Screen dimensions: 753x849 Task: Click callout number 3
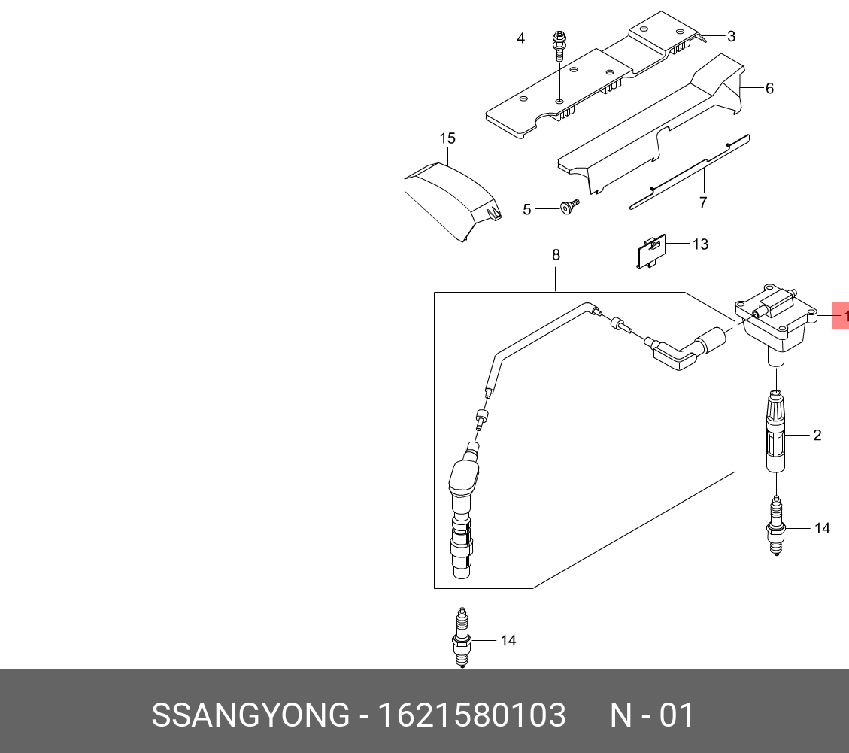coord(731,36)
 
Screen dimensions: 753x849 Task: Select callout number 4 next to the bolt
coord(520,38)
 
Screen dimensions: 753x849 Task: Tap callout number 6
coord(769,89)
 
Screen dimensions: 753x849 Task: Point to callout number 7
coord(703,202)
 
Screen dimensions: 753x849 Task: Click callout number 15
coord(447,138)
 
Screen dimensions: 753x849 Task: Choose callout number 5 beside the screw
coord(526,209)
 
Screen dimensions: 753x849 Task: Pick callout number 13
coord(700,244)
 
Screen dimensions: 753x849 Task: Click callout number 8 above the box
coord(556,255)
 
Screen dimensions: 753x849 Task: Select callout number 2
coord(817,435)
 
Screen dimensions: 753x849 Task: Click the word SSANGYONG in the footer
coord(251,715)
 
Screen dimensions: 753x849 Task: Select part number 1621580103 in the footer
coord(471,715)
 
